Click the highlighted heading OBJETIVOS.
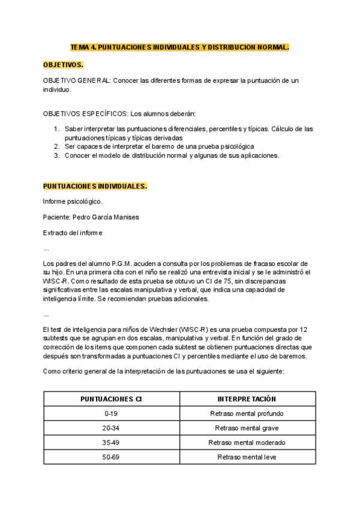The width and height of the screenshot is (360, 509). coord(63,64)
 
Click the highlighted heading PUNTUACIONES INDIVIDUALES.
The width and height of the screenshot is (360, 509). coord(95,186)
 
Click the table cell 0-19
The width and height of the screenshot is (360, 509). coord(111,414)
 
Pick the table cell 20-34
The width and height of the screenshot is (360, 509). coord(111,428)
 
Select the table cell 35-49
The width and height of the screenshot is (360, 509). coord(111,442)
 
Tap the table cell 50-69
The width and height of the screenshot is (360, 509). coord(111,457)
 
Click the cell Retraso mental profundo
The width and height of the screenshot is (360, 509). coord(247,414)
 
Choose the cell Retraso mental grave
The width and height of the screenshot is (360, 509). coord(247,428)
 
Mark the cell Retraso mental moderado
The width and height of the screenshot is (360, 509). coord(247,442)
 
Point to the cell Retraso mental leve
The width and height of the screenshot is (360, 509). coord(247,457)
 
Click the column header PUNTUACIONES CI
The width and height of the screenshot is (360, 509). coord(111,399)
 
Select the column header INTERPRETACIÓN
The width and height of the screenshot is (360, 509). coord(247,399)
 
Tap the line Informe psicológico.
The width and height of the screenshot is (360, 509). coord(73,201)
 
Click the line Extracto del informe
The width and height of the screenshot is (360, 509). coord(73,232)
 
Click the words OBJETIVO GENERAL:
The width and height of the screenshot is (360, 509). coord(77,80)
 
